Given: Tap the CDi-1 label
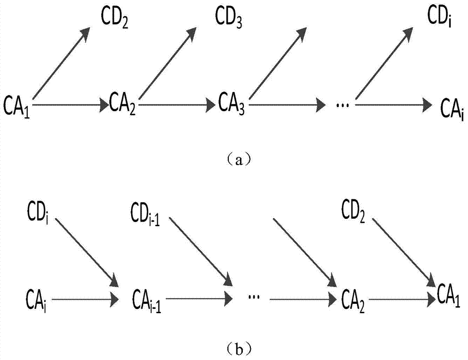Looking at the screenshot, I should coord(148,216).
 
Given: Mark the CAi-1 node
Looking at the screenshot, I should coord(146,297).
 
